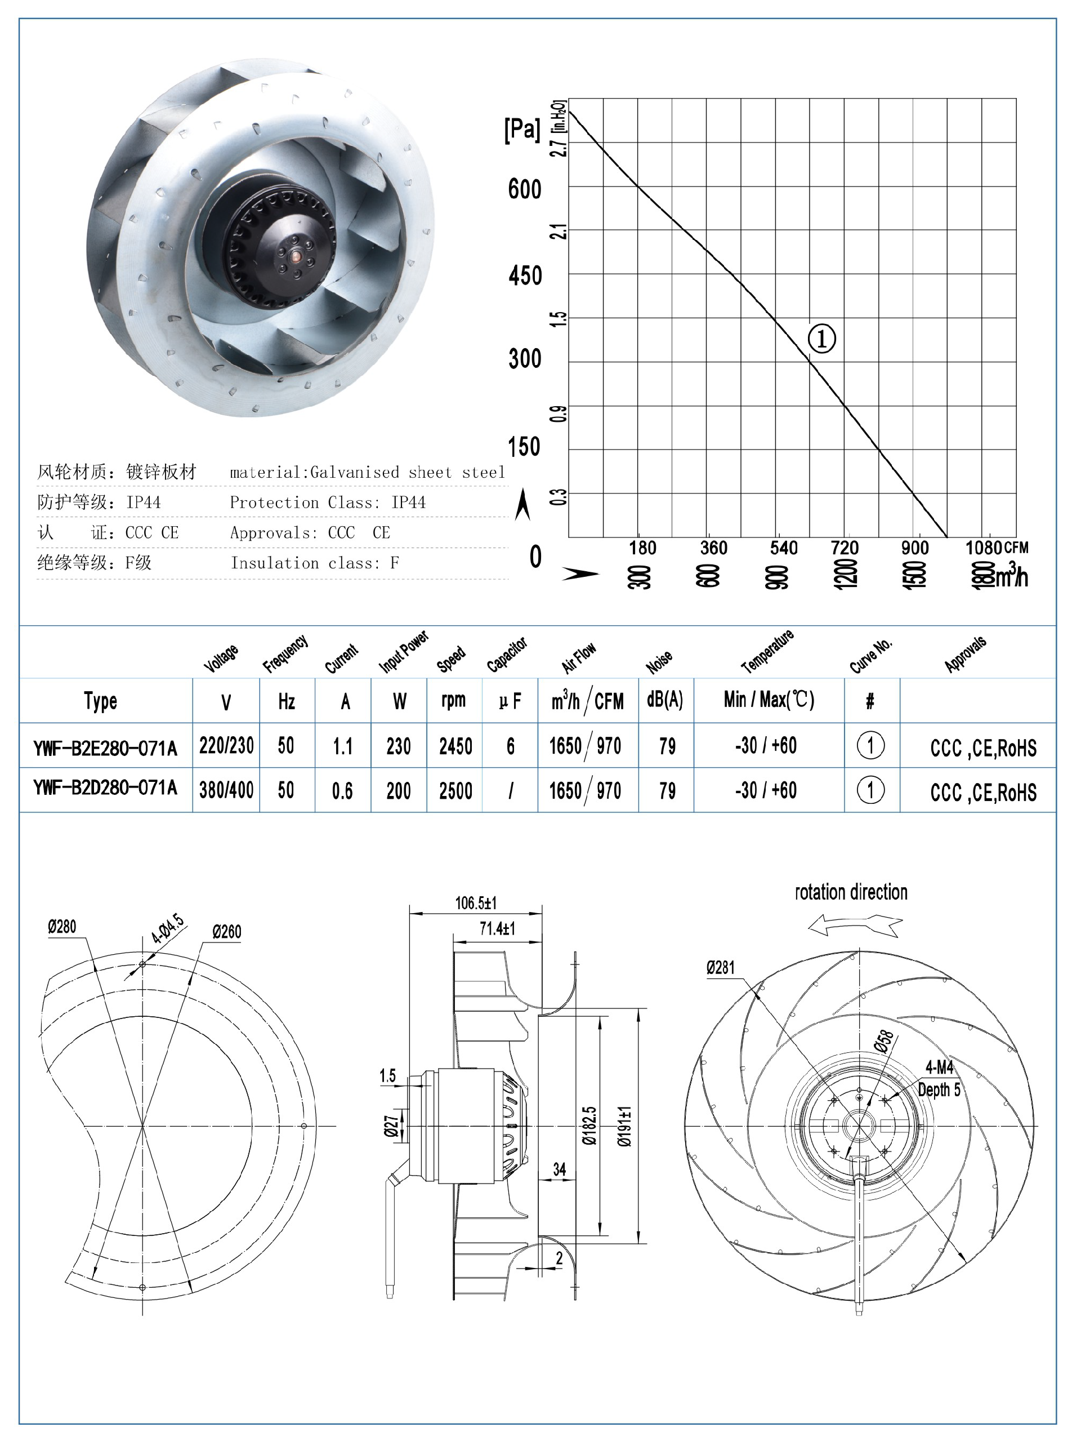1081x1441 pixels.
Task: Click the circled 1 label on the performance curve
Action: coord(821,338)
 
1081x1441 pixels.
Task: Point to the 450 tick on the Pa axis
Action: coord(525,275)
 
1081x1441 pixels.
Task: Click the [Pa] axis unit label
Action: coord(521,129)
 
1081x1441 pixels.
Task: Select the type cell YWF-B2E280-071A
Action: coord(105,747)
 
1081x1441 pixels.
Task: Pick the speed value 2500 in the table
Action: coord(455,791)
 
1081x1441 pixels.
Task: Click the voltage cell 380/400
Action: coord(226,790)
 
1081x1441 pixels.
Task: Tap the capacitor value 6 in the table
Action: coord(511,746)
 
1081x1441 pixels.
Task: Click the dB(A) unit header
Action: coord(665,700)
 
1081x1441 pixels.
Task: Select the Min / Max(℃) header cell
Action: coord(769,700)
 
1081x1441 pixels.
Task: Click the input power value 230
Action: coord(399,746)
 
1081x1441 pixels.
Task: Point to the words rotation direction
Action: coord(851,892)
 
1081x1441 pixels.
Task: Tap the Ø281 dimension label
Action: coord(720,967)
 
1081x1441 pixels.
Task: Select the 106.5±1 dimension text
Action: coord(475,903)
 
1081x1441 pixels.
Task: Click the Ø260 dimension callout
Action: coord(227,932)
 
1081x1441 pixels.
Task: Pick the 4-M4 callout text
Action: coord(939,1067)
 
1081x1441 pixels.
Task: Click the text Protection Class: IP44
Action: coord(328,502)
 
